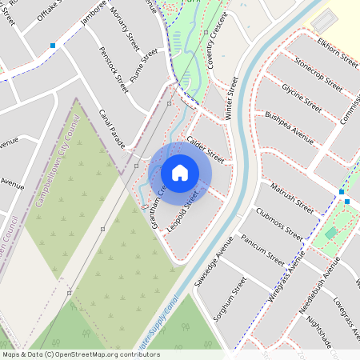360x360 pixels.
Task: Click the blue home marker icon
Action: point(180,173)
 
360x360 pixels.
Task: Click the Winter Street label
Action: point(233,98)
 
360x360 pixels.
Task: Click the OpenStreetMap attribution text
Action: point(70,354)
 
